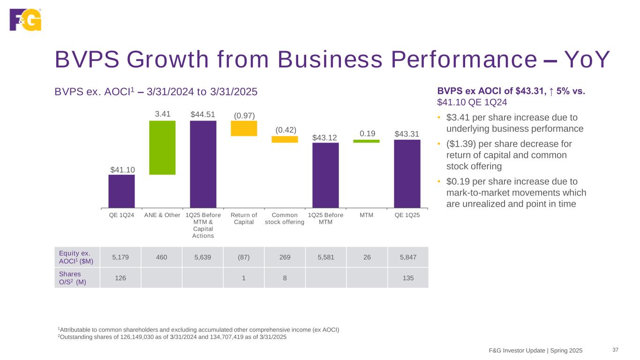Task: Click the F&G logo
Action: [25, 19]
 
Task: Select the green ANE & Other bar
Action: [162, 148]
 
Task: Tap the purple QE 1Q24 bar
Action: [121, 191]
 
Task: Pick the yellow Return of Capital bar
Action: [244, 128]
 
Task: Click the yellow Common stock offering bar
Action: [285, 139]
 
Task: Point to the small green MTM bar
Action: [366, 141]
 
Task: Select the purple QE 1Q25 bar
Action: [407, 173]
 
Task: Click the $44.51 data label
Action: [203, 115]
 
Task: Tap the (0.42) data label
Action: [285, 130]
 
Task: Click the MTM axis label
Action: [366, 215]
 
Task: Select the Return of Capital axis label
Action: [244, 218]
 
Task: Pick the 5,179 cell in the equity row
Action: [120, 257]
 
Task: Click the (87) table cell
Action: [243, 257]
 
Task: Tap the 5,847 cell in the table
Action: [407, 257]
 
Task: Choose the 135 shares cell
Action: [407, 277]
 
